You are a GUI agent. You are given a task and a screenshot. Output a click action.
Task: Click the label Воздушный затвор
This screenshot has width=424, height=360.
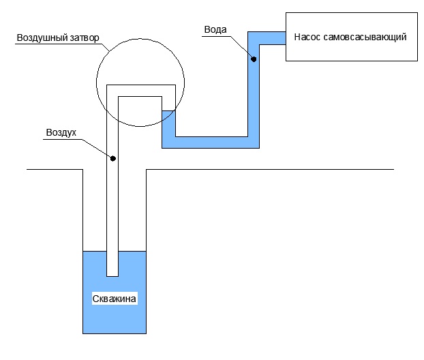coord(58,37)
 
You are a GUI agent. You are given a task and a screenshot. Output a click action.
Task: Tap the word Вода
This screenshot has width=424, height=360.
coord(215,29)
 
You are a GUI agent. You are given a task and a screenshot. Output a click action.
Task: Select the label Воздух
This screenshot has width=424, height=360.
coord(61,132)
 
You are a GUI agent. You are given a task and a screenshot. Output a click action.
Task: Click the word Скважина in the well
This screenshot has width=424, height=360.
coord(114,299)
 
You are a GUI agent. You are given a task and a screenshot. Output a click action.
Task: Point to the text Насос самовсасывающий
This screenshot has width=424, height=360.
coord(350,37)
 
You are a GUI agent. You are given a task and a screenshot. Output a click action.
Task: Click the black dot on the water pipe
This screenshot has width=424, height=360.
coord(254,59)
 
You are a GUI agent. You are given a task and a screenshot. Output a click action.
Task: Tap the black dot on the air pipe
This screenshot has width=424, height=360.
coord(113,158)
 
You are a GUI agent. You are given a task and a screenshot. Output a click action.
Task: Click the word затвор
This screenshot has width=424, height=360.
coord(85,38)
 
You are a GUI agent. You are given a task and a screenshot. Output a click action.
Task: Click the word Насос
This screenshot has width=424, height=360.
coord(307,37)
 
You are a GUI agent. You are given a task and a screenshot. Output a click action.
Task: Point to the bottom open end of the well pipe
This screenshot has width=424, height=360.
coord(112,276)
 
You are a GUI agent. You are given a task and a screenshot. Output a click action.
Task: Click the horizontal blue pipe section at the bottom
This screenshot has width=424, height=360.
coord(211,142)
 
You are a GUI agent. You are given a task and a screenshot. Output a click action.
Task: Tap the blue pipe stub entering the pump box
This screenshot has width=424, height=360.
coord(273,38)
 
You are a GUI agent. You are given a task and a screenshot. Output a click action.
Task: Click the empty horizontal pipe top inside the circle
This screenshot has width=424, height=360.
coord(141,91)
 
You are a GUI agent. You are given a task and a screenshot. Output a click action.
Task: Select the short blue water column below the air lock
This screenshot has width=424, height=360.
coord(169,123)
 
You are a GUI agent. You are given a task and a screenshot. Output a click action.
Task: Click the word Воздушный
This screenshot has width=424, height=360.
coord(42,37)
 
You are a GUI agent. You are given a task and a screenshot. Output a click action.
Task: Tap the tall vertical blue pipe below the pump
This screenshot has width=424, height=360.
coord(254,90)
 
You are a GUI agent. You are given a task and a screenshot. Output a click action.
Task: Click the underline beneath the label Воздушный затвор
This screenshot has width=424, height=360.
coord(61,44)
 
